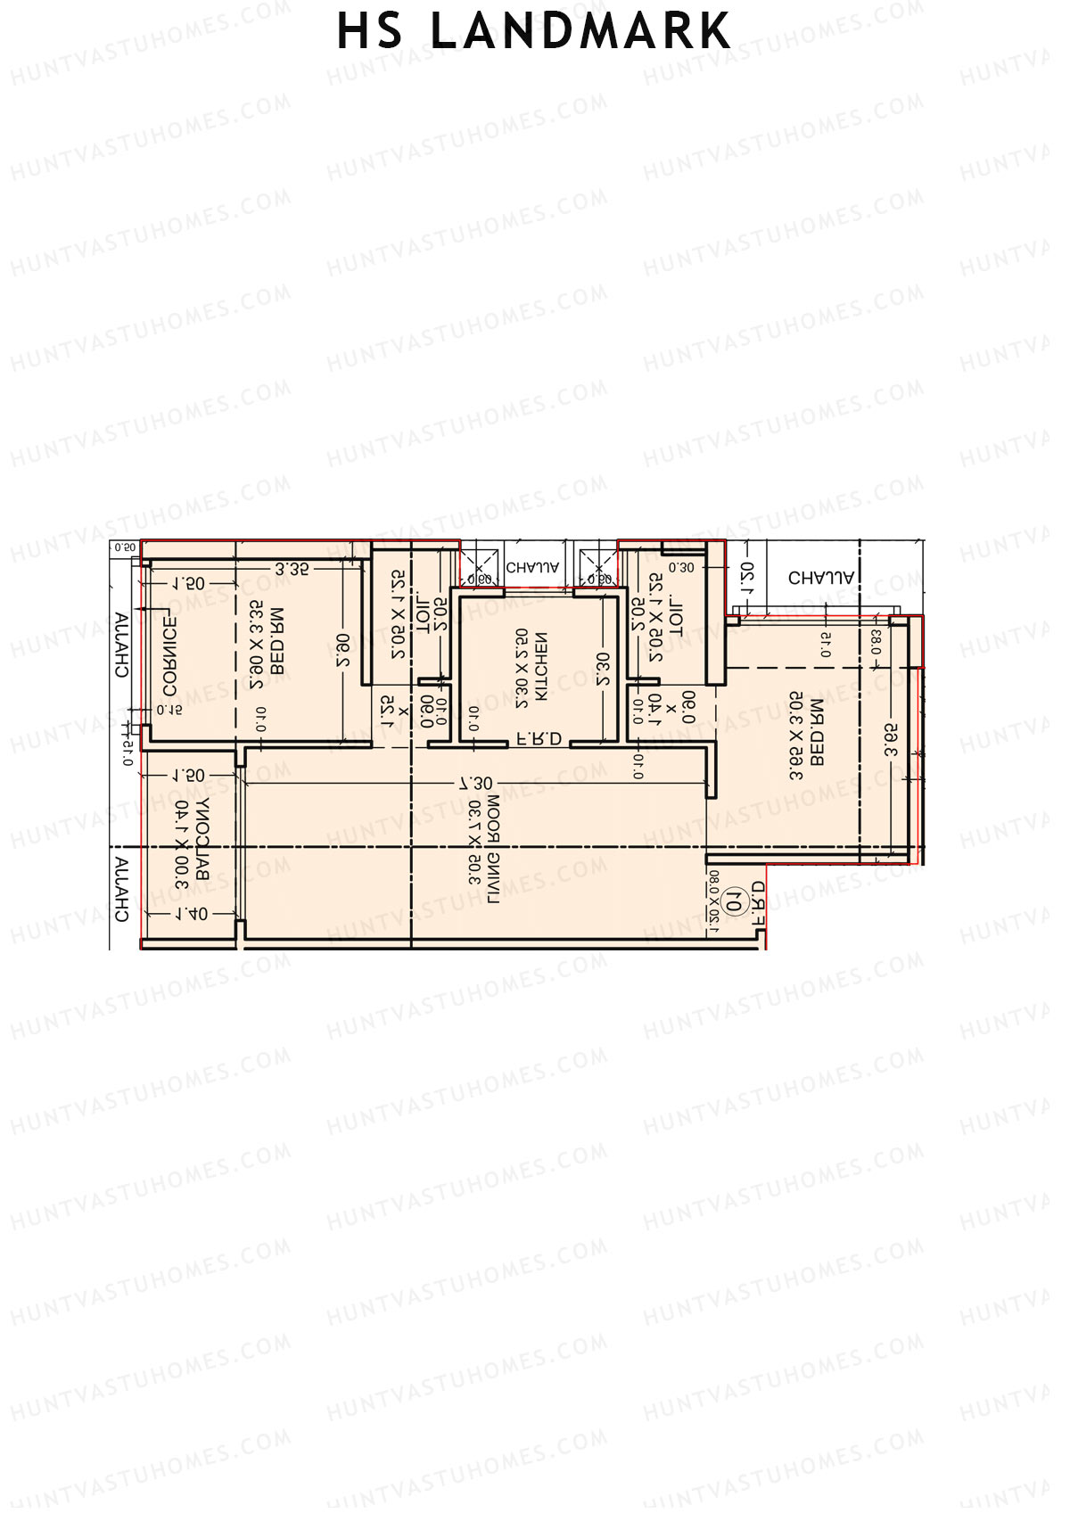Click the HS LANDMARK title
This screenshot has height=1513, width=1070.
tap(533, 32)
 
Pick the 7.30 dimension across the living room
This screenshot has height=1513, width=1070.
tap(475, 784)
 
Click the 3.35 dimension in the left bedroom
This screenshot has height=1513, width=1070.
tap(292, 569)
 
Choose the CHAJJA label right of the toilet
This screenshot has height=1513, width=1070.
tap(821, 578)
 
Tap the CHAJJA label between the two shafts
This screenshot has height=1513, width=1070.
tap(533, 567)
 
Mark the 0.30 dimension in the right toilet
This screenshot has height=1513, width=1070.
tap(680, 567)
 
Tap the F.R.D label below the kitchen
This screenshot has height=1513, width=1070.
tap(539, 738)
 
